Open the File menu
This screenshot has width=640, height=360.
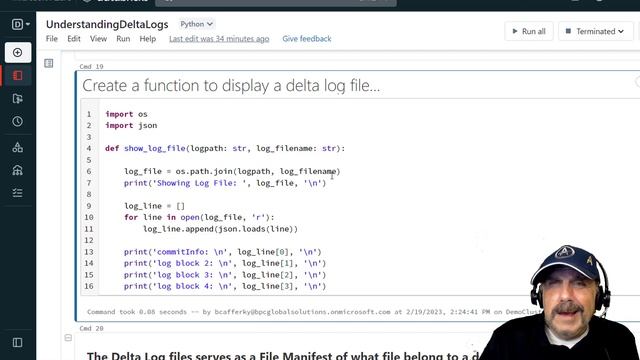(x=52, y=39)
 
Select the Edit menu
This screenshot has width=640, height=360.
(x=74, y=39)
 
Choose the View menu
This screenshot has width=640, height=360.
(x=98, y=39)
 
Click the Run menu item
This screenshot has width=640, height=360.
(x=123, y=39)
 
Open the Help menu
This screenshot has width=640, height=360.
(x=148, y=39)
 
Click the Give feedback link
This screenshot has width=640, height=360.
(x=307, y=39)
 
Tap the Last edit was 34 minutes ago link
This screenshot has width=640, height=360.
(x=219, y=39)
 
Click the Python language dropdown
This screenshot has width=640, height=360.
(x=196, y=23)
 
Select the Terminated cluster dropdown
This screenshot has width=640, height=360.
(x=600, y=31)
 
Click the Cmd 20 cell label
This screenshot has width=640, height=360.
(x=93, y=328)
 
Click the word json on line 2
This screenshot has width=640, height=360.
(x=147, y=125)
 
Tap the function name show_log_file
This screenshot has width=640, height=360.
(x=156, y=148)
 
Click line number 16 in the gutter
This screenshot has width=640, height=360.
(x=89, y=286)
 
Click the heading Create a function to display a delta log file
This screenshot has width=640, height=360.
(x=231, y=86)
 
